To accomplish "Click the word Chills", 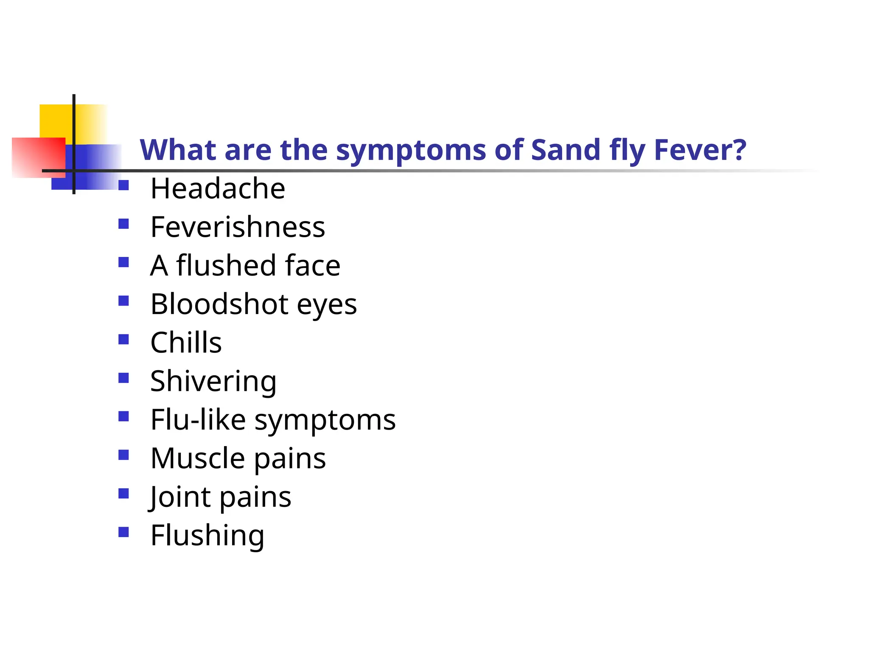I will coord(186,343).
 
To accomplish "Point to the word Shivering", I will coord(213,381).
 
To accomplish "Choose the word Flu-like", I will coord(198,420).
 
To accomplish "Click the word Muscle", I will coord(198,458).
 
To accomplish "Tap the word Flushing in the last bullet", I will coord(207,536).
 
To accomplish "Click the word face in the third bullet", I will coord(312,265).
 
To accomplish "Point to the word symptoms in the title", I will coord(411,151).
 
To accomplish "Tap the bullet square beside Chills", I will coord(123,339).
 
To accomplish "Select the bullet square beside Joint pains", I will coord(123,493).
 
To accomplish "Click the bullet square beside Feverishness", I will coord(123,224).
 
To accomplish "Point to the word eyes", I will coord(327,305).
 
